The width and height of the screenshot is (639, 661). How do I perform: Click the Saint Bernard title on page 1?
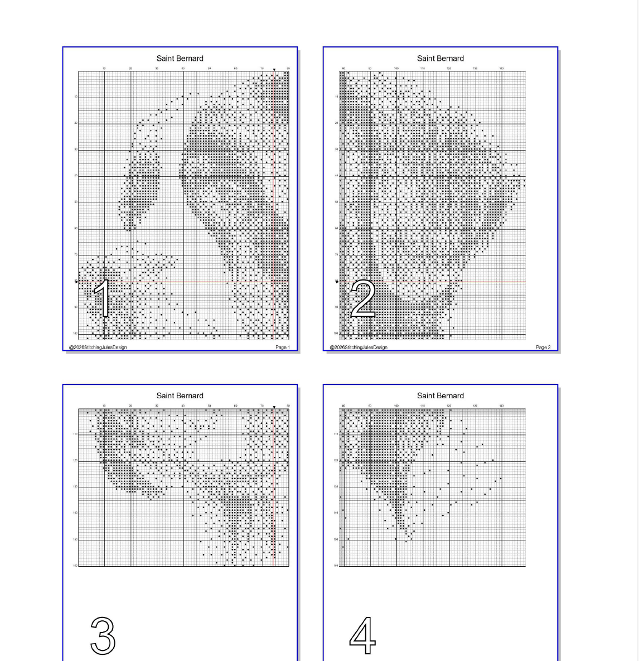pyautogui.click(x=180, y=58)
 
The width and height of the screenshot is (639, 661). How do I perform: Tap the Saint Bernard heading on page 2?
pyautogui.click(x=440, y=58)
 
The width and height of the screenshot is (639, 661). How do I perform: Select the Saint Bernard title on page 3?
pyautogui.click(x=180, y=395)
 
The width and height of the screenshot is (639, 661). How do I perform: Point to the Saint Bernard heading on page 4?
pyautogui.click(x=440, y=395)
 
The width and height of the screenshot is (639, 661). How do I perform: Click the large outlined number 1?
pyautogui.click(x=102, y=298)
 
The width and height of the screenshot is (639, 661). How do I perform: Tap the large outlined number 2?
pyautogui.click(x=363, y=299)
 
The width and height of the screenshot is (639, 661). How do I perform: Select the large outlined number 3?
pyautogui.click(x=103, y=635)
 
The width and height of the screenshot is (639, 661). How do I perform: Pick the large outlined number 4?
pyautogui.click(x=362, y=635)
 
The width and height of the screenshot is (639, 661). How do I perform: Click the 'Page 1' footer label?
pyautogui.click(x=283, y=347)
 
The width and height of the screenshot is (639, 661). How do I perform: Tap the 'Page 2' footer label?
pyautogui.click(x=543, y=347)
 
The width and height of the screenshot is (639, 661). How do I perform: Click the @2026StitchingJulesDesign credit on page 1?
pyautogui.click(x=98, y=347)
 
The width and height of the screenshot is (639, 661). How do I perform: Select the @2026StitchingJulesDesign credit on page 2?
pyautogui.click(x=359, y=347)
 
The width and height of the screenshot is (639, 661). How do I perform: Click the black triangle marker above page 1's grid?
pyautogui.click(x=274, y=70)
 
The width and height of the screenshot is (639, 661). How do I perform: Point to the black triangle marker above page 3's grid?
pyautogui.click(x=274, y=407)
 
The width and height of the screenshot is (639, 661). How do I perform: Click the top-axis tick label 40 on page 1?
pyautogui.click(x=183, y=68)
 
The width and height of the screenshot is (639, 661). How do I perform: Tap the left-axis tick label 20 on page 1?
pyautogui.click(x=76, y=123)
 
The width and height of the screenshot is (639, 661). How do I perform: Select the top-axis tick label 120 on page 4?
pyautogui.click(x=449, y=406)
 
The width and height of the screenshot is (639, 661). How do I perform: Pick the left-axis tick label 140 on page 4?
pyautogui.click(x=336, y=513)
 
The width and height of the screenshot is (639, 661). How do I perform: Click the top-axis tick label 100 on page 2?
pyautogui.click(x=396, y=68)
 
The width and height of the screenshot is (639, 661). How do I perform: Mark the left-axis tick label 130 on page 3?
pyautogui.click(x=75, y=487)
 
